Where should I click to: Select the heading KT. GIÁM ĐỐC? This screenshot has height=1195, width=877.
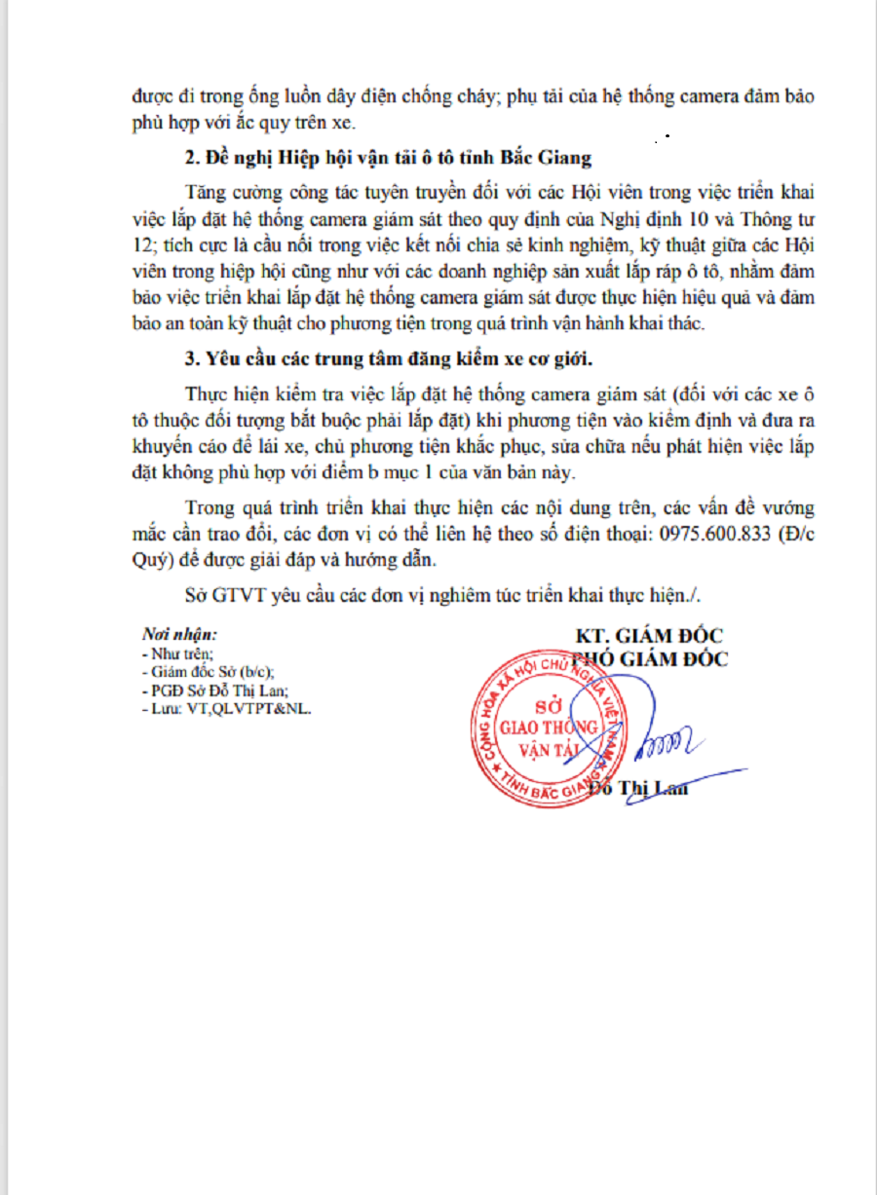[x=650, y=636]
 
